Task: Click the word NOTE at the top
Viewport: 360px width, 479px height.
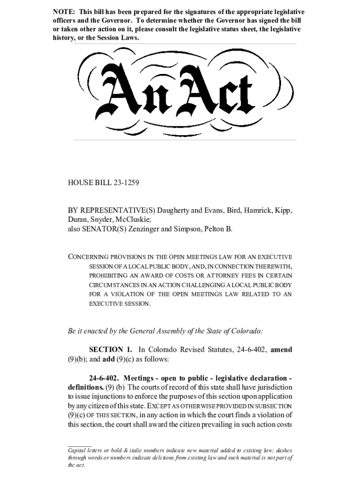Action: [63, 11]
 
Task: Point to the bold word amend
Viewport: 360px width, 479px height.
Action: [281, 349]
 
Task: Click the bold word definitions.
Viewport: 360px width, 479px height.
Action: [85, 387]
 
